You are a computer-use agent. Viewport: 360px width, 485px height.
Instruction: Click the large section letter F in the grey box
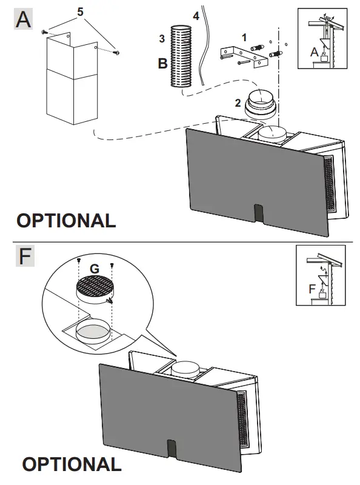pos(24,256)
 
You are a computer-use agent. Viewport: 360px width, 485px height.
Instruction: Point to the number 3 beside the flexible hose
pos(162,39)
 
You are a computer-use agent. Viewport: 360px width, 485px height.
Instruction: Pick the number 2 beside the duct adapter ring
pos(238,102)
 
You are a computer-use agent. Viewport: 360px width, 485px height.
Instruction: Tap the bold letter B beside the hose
pos(162,62)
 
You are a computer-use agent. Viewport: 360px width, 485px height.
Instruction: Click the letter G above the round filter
pos(94,267)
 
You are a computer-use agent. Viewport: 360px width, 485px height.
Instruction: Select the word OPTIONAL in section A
pos(66,221)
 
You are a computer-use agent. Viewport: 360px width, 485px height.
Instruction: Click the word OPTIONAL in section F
pos(72,465)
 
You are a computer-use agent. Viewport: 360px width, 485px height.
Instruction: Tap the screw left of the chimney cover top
pos(44,32)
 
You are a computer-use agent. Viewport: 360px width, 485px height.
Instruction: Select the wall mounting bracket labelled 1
pos(245,55)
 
